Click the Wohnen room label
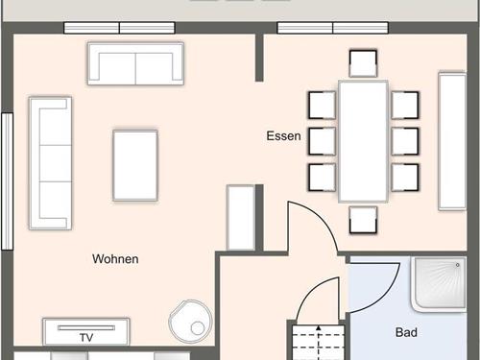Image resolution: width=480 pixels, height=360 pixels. [x=115, y=259]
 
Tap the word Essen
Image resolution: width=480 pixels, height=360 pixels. [x=284, y=136]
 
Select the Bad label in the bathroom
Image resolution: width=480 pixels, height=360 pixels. [x=406, y=332]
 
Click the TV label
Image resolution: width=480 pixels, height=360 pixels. [x=86, y=338]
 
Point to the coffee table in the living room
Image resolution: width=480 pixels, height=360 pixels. [x=135, y=165]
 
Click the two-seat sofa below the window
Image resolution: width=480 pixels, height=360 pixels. [x=136, y=63]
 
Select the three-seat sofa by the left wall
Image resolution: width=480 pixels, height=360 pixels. [x=50, y=163]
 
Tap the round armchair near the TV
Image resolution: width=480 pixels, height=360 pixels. [x=191, y=321]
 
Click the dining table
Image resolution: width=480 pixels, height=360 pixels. [x=363, y=141]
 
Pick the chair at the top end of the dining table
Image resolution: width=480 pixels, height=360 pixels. [x=363, y=63]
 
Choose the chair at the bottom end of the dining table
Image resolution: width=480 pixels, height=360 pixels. [x=363, y=220]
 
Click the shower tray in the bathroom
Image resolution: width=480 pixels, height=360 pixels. [x=439, y=283]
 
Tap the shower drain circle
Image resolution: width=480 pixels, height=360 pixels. [x=458, y=265]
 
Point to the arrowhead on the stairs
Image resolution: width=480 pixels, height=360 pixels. [x=319, y=328]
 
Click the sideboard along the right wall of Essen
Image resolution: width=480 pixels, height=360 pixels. [x=452, y=141]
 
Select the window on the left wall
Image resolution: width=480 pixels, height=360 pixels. [x=8, y=181]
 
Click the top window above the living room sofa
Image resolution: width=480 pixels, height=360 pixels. [x=119, y=28]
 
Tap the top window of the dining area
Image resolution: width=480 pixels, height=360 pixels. [x=333, y=28]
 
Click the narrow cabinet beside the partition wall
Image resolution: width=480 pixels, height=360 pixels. [x=241, y=218]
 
